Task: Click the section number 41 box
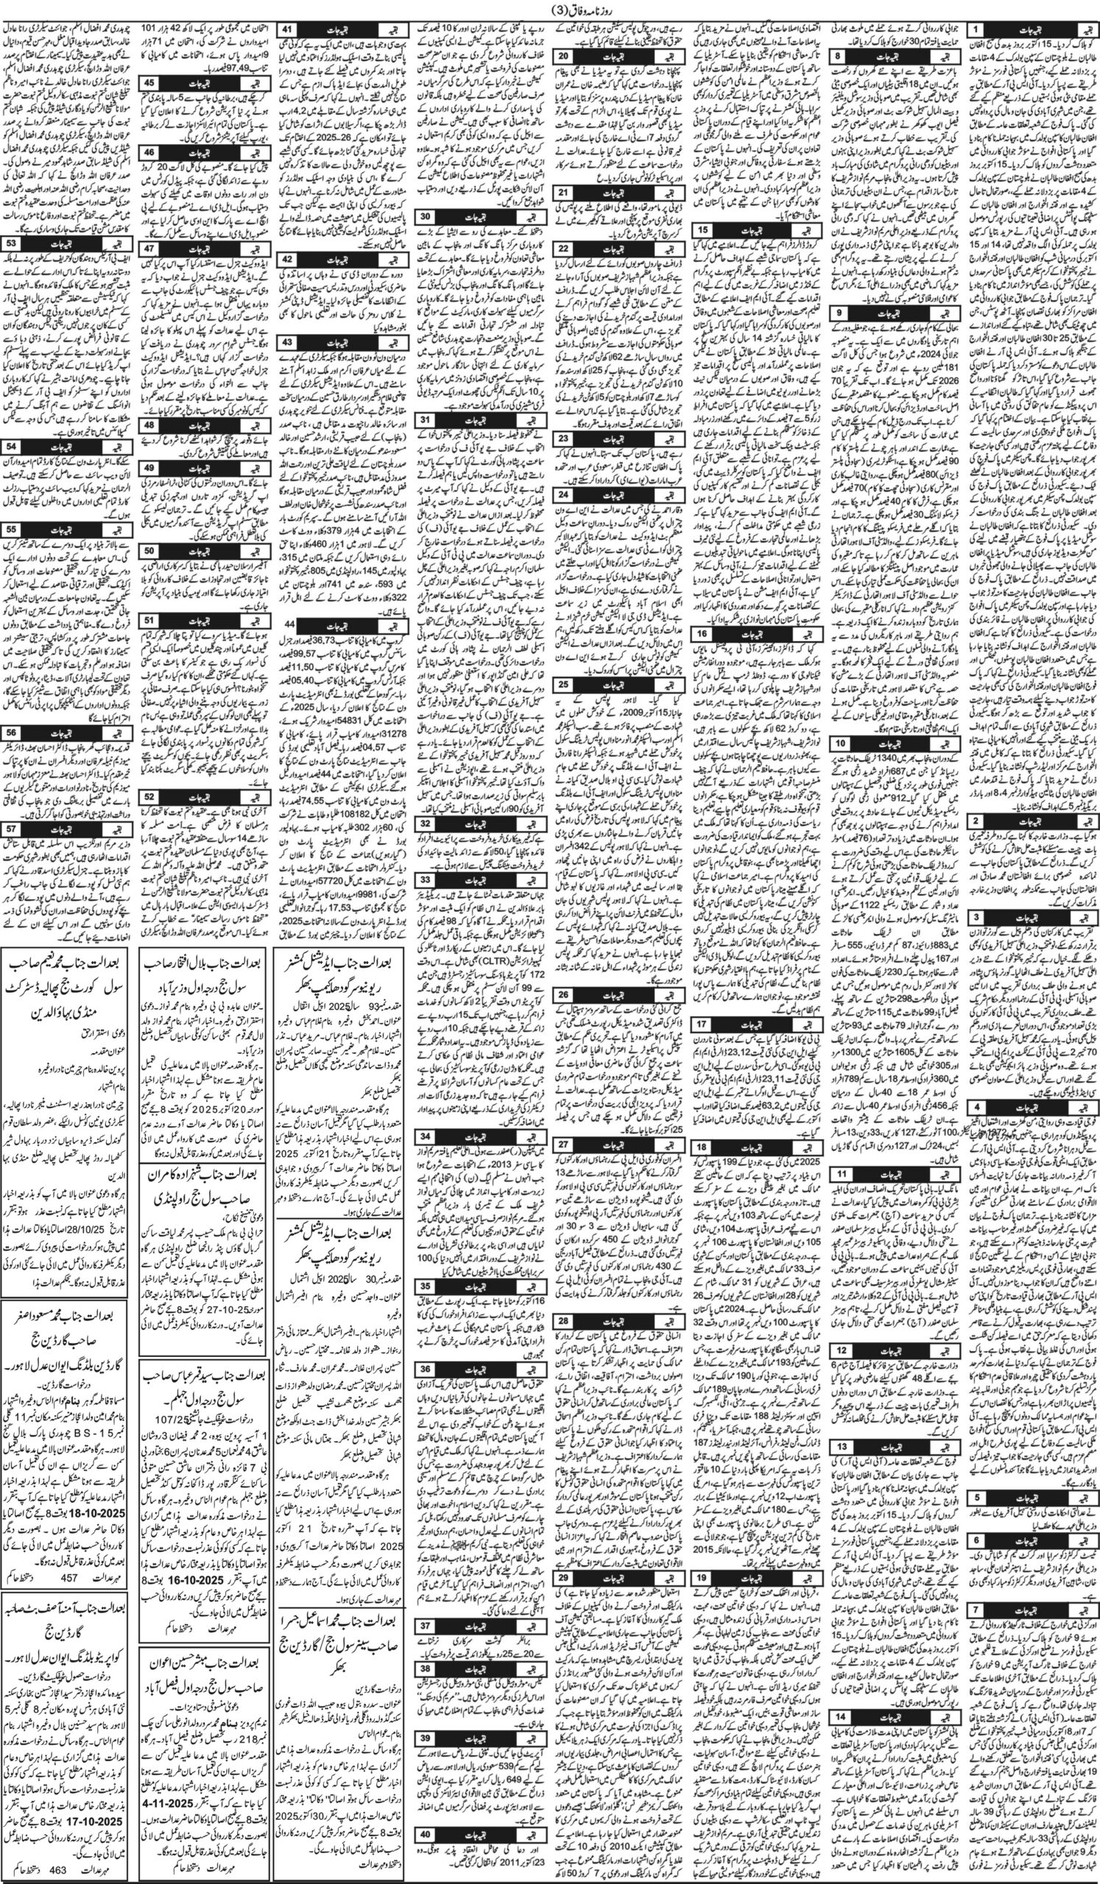[289, 30]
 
